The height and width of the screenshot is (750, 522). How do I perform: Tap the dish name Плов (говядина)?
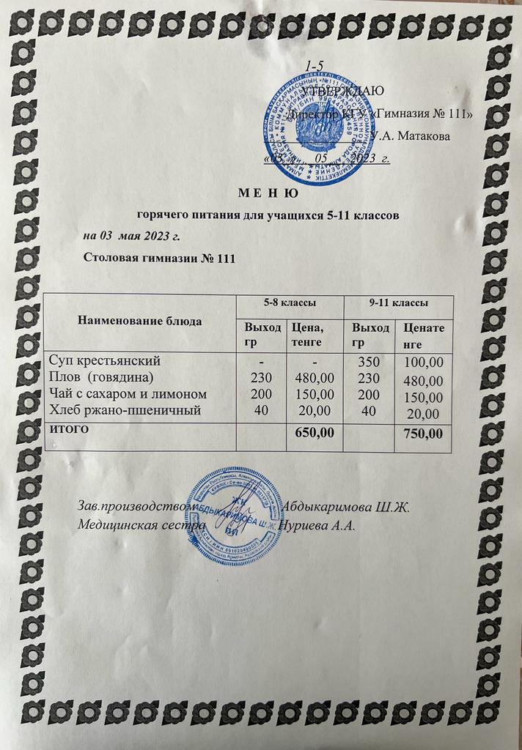point(100,377)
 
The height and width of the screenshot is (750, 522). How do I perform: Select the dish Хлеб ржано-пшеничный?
point(124,410)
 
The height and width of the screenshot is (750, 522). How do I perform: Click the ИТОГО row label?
point(69,428)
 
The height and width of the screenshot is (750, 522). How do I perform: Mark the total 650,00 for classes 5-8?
point(314,433)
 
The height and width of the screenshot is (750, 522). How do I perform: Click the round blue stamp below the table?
point(234,516)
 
